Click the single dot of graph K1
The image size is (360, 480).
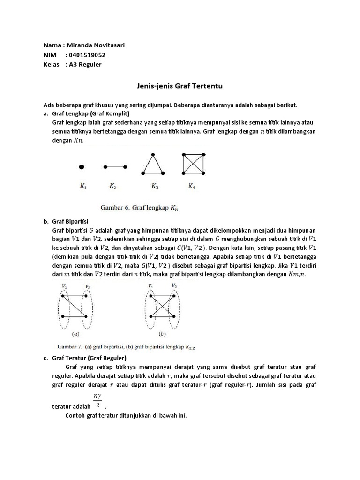(82, 166)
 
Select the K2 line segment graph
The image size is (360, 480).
(115, 166)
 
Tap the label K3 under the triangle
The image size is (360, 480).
(155, 187)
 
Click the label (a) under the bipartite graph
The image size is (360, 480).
(75, 335)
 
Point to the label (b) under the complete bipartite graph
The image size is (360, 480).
(162, 335)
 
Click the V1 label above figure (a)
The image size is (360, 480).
(64, 285)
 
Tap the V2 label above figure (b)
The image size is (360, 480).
(174, 285)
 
